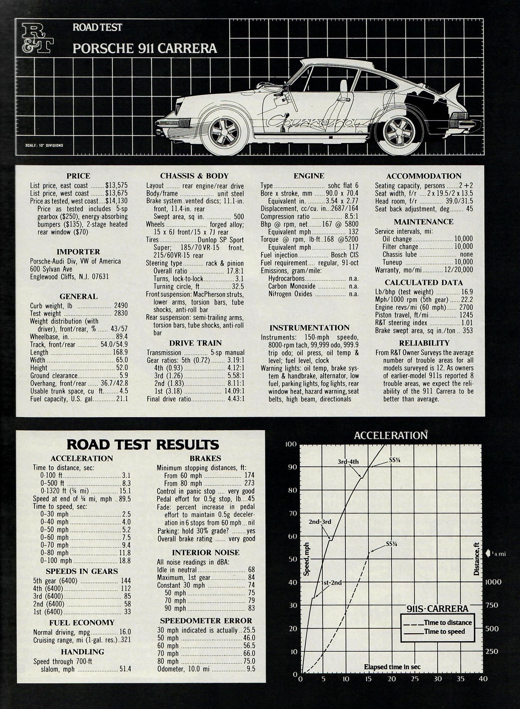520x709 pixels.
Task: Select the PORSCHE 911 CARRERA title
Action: coord(145,49)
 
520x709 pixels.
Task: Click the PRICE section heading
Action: coord(78,176)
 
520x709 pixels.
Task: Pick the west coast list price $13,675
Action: coord(116,193)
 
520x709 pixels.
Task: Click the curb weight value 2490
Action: coord(121,305)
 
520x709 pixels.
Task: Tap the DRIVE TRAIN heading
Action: coord(195,343)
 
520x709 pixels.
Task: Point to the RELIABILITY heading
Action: coord(424,343)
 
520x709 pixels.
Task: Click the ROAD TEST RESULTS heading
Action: coord(143,444)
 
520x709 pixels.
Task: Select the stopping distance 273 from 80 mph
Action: coord(249,483)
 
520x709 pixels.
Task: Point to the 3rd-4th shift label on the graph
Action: coord(348,462)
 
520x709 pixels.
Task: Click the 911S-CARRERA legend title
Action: coord(437,609)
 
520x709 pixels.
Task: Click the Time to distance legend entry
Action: coord(448,623)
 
